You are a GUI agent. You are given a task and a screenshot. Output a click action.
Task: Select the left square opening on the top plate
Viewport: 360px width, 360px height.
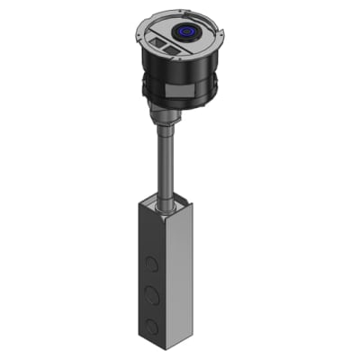(161, 41)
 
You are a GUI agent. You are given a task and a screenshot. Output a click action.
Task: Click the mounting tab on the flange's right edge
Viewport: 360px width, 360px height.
(220, 40)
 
